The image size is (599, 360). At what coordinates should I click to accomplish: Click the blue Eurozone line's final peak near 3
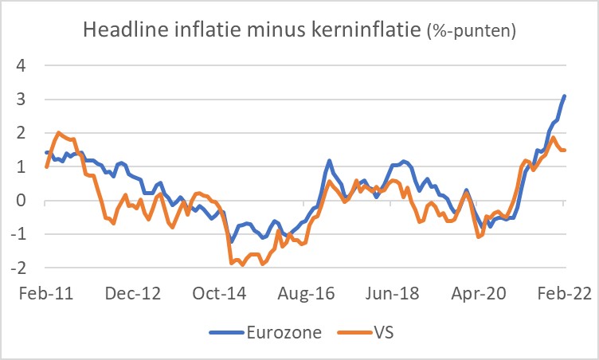[x=564, y=96]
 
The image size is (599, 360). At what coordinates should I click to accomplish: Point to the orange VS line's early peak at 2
[x=60, y=133]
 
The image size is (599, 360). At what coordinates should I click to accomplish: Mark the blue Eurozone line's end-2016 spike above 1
[x=329, y=161]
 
